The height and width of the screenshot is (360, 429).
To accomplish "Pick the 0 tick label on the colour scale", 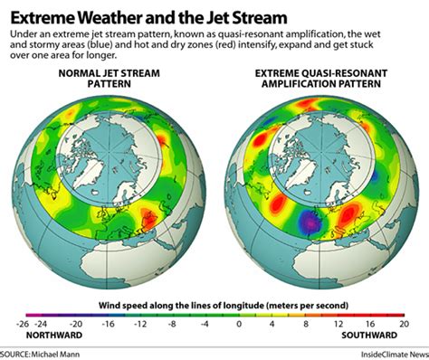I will (x=239, y=323).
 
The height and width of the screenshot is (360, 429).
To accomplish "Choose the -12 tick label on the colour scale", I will (x=140, y=323).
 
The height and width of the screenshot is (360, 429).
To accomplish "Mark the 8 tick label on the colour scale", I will (x=305, y=323).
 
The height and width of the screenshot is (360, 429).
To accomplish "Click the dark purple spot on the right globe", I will (x=310, y=220).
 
